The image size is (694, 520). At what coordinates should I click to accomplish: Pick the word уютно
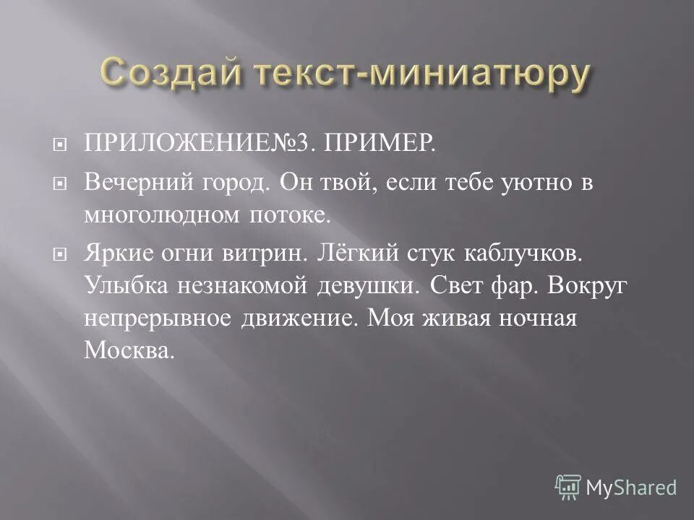tap(530, 183)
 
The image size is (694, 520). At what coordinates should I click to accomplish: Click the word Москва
tap(129, 350)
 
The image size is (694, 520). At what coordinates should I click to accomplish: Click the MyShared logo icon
tap(568, 487)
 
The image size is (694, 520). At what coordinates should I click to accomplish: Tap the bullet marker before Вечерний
tap(61, 184)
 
